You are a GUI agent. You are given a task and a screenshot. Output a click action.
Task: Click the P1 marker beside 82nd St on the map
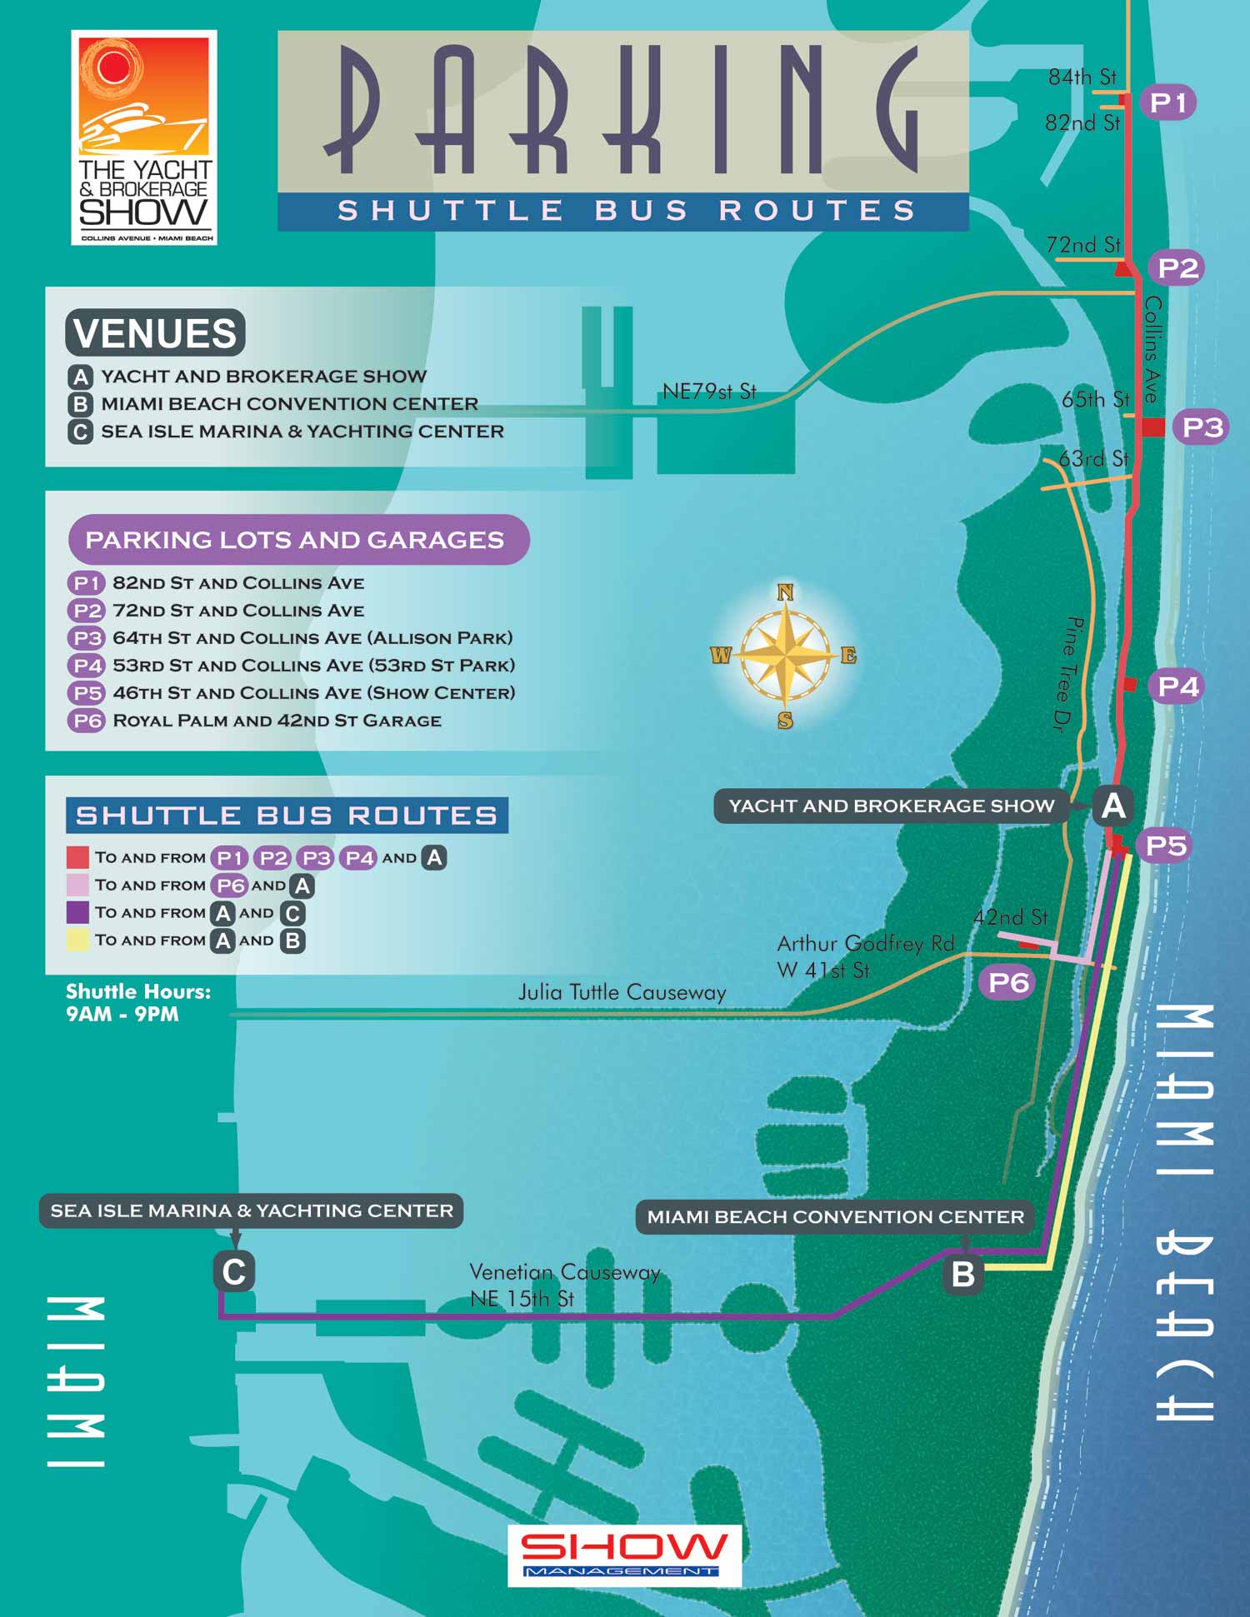pos(1167,102)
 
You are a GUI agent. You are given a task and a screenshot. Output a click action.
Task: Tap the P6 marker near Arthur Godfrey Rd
pos(1008,982)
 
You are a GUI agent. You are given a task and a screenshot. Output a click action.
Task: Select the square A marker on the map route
pos(1113,806)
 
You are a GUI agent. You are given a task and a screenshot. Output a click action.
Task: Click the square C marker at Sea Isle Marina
pos(234,1272)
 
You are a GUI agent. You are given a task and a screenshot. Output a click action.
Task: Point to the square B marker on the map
pos(962,1274)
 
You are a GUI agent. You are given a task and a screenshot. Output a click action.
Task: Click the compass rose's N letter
pos(785,592)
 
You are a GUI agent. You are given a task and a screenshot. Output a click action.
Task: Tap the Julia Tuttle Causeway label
pos(622,992)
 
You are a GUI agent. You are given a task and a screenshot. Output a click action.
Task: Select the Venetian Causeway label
pos(564,1272)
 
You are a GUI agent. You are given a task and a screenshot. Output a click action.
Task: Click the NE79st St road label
pos(709,392)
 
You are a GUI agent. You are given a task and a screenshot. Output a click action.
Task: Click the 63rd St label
pos(1092,459)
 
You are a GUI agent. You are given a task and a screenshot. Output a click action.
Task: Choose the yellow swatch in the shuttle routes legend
pos(77,941)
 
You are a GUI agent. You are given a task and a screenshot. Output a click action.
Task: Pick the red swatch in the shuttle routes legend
pos(77,857)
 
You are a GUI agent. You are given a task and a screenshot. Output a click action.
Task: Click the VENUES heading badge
pos(156,332)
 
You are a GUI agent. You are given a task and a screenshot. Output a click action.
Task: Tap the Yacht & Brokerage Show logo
pos(144,137)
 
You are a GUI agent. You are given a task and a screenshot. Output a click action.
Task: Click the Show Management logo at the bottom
pos(624,1555)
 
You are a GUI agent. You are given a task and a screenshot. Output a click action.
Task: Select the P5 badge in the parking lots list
pos(87,693)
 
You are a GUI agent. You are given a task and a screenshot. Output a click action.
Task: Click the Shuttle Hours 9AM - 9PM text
pos(138,1003)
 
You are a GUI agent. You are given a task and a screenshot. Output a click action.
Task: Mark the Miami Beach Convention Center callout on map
pos(835,1216)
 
